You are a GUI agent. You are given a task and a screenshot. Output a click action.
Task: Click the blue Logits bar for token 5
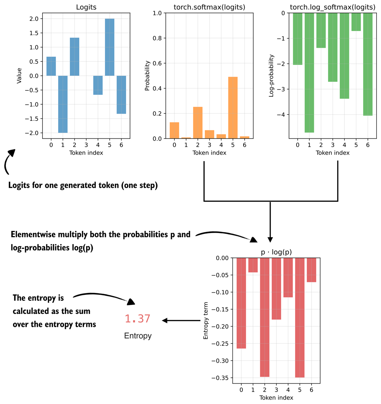coord(110,47)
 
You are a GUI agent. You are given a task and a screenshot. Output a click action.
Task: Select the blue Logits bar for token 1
coord(63,104)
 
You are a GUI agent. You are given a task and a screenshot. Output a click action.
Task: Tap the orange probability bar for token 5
coord(232,108)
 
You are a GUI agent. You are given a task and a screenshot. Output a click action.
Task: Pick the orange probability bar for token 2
coord(197,123)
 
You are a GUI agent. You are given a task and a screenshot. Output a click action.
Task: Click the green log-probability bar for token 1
coord(309,73)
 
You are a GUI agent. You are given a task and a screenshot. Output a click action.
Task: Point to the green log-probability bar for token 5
coord(356,22)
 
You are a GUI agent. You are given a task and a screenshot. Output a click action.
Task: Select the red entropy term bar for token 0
coord(241,303)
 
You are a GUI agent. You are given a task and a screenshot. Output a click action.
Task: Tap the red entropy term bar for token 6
coord(311,270)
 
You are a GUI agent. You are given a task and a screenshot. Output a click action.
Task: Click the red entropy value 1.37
coord(137,319)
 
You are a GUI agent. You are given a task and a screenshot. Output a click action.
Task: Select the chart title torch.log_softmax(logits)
coord(332,7)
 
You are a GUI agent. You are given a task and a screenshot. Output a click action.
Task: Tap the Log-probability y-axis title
coord(271,76)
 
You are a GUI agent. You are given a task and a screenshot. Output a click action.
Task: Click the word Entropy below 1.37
coord(137,336)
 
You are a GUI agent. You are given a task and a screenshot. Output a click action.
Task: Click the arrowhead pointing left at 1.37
coord(165,321)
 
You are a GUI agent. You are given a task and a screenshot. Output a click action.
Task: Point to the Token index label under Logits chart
coord(86,153)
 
